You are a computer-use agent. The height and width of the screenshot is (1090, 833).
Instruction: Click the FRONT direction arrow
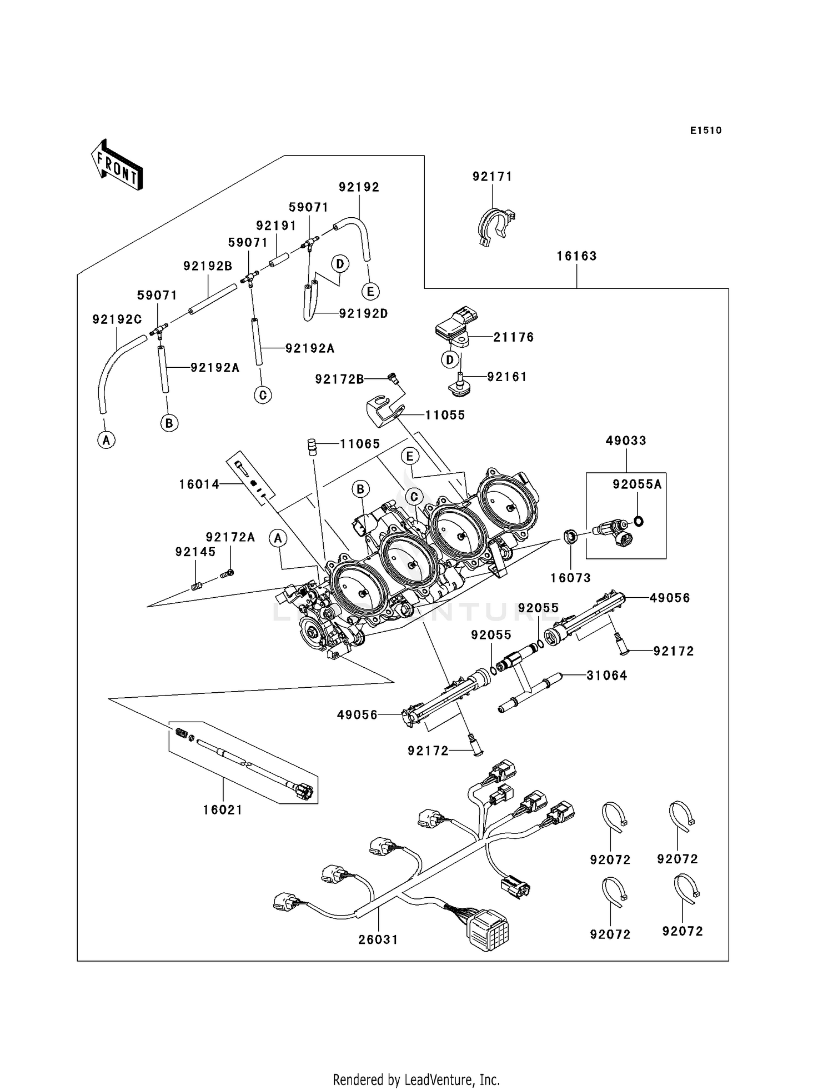click(117, 165)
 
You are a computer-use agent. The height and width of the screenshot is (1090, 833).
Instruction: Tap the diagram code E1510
click(705, 131)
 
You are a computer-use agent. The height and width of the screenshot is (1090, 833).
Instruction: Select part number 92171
click(492, 176)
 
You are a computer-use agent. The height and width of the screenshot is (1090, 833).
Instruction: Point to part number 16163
click(576, 256)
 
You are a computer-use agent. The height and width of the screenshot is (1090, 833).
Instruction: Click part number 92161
click(506, 377)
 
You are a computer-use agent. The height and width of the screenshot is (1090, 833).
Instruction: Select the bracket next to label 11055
click(383, 412)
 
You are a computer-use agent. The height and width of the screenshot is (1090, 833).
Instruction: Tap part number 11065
click(360, 443)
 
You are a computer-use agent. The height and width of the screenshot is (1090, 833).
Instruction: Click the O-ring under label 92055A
click(639, 521)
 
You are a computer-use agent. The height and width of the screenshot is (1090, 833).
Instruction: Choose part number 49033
click(626, 441)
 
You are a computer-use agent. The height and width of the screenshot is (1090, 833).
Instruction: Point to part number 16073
click(570, 578)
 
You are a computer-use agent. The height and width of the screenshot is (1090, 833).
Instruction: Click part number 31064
click(606, 676)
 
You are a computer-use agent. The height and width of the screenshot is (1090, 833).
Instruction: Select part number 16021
click(223, 810)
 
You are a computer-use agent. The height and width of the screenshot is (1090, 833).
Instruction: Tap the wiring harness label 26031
click(378, 939)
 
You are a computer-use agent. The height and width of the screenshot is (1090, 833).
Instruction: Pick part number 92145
click(195, 552)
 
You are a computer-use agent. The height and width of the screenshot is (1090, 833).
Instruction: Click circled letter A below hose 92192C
click(106, 441)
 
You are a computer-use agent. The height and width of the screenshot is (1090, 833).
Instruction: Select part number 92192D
click(364, 313)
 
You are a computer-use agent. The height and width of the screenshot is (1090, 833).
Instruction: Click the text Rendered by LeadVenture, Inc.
click(416, 1079)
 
